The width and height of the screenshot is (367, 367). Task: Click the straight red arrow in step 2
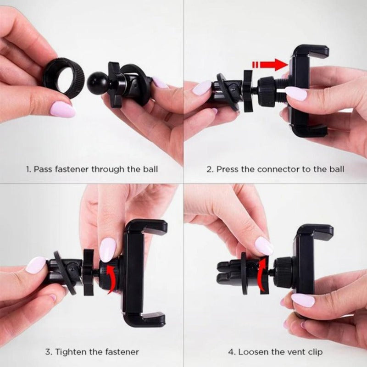point(269,64)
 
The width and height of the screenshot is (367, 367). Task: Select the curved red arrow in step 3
point(112,278)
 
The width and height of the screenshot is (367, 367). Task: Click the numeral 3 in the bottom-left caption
point(48,351)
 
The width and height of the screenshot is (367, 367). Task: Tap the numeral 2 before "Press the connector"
point(210,169)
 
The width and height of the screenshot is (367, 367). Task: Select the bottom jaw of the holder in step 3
point(145,319)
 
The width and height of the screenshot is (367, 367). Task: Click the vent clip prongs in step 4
point(231,273)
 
